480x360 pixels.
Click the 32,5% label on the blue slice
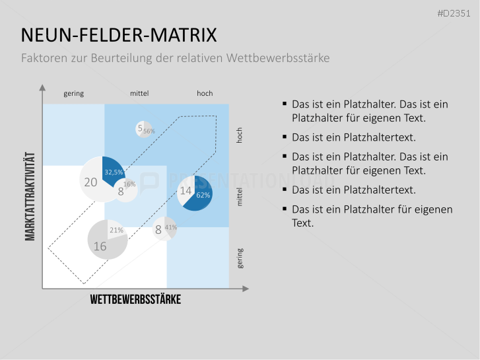(113, 172)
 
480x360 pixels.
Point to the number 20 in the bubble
(90, 180)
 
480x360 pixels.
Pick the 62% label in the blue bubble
(203, 195)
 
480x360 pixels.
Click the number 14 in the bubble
(186, 191)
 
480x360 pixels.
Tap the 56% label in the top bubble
(149, 131)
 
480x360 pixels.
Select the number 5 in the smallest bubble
(140, 129)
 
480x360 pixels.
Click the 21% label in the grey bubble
(116, 230)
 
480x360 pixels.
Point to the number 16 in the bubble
(100, 246)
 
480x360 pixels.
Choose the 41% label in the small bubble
(170, 227)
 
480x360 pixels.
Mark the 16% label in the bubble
(129, 184)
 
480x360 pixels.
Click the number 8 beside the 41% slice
(158, 230)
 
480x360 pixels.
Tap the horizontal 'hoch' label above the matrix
(205, 93)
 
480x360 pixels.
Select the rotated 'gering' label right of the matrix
(240, 258)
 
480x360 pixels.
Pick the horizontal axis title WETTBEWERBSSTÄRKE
(135, 300)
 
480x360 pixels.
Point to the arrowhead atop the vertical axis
(42, 87)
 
